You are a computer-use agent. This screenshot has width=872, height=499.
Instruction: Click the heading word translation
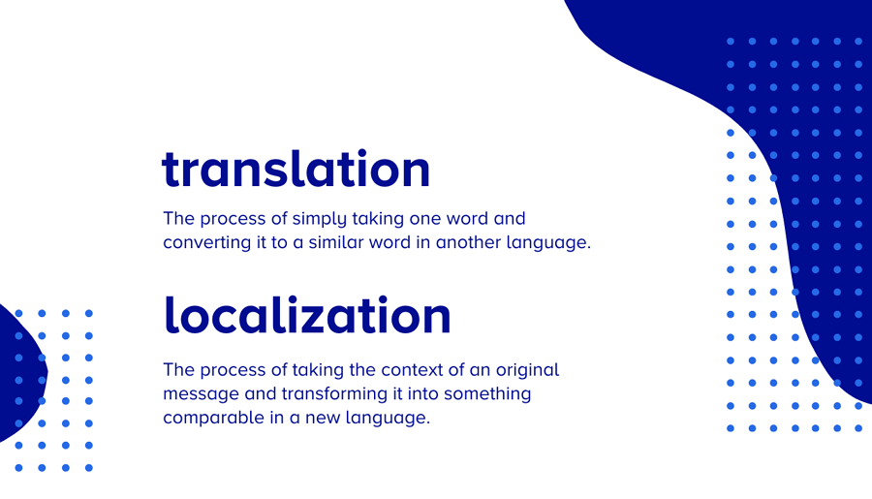coord(296,170)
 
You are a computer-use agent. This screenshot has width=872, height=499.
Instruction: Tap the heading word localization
coord(307,315)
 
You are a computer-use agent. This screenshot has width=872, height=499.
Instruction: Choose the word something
coord(486,394)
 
